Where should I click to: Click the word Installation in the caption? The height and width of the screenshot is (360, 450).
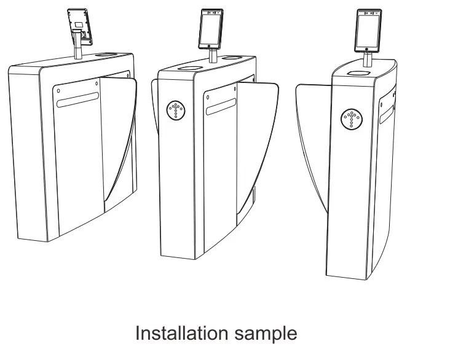[x=181, y=333]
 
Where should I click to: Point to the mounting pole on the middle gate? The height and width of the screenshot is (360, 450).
[x=211, y=56]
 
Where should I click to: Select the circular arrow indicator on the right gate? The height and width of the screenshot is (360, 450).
[x=352, y=119]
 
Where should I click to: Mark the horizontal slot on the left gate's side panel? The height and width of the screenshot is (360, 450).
[x=77, y=100]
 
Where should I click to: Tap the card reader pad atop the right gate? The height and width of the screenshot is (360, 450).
[x=357, y=72]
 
